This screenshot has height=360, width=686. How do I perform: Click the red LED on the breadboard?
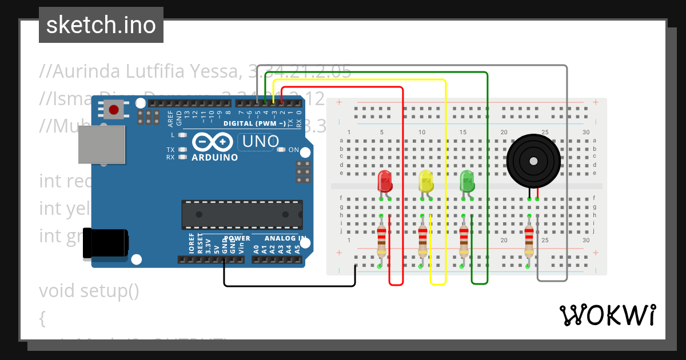point(385,181)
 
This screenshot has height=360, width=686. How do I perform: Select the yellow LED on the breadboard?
point(426,181)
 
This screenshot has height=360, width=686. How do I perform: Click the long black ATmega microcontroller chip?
point(242,214)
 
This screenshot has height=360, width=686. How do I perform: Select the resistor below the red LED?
point(381,240)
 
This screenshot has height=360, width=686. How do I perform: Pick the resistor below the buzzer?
point(529,240)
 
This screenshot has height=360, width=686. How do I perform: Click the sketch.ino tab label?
point(101,25)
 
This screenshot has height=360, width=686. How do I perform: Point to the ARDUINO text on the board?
point(215,157)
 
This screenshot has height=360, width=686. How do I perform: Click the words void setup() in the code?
point(89,291)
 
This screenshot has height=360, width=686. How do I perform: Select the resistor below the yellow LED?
point(422,240)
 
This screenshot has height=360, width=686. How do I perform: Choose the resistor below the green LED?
point(464,240)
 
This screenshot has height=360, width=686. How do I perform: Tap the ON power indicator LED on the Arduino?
point(280,150)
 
